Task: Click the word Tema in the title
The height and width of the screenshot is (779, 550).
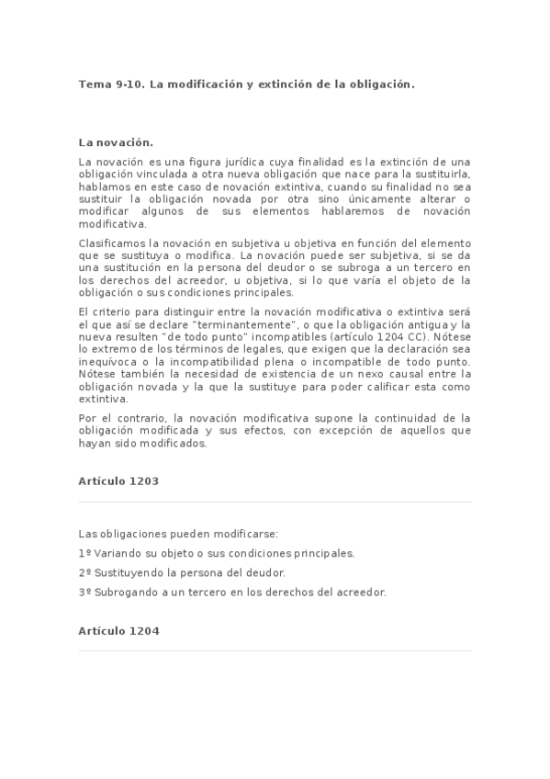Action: point(93,84)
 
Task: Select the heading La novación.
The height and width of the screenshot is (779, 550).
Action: point(116,142)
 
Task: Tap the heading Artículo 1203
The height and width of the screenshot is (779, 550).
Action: point(119,480)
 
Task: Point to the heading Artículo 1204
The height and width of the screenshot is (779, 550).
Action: point(119,630)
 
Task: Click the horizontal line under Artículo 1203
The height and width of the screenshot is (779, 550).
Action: point(275,502)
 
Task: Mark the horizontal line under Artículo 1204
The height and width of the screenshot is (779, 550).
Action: point(275,651)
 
